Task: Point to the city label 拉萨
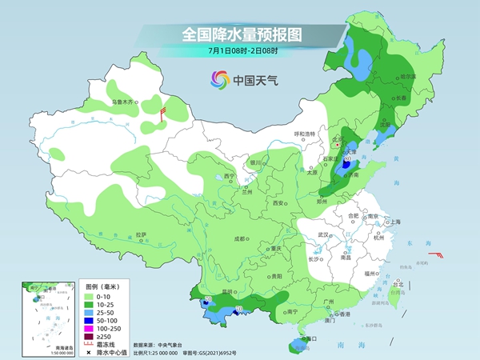(141, 234)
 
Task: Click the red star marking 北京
(338, 146)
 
